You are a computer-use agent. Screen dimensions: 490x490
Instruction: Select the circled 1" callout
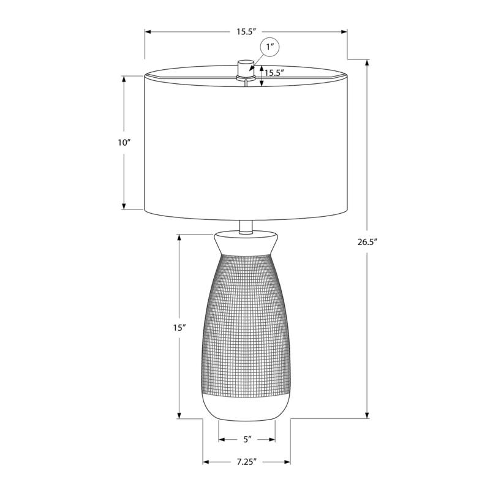[x=271, y=47]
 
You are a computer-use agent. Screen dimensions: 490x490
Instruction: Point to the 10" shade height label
[x=124, y=143]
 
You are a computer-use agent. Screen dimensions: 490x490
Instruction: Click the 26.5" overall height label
[x=367, y=241]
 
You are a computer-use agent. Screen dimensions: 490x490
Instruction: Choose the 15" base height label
[x=179, y=328]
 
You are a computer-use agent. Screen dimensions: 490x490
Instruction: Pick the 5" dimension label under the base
[x=247, y=439]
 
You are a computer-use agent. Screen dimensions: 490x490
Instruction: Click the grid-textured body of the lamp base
[x=246, y=325]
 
